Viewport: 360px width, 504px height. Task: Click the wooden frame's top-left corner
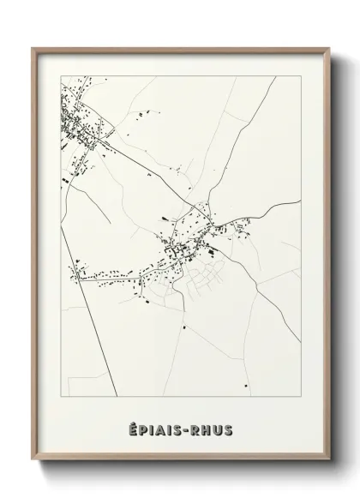(x=33, y=48)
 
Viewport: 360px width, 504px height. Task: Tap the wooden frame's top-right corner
(x=327, y=48)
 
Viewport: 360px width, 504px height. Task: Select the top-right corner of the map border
(x=302, y=75)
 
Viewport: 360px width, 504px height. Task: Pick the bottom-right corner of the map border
(x=302, y=397)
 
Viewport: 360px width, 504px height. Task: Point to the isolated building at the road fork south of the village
(x=183, y=326)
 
